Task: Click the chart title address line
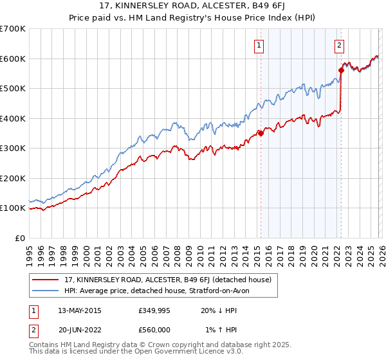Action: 193,7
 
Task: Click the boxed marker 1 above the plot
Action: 259,45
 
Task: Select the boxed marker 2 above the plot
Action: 339,45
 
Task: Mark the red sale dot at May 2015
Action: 261,133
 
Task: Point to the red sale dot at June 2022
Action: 341,71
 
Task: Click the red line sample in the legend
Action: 46,280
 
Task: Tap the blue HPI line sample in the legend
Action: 46,291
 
